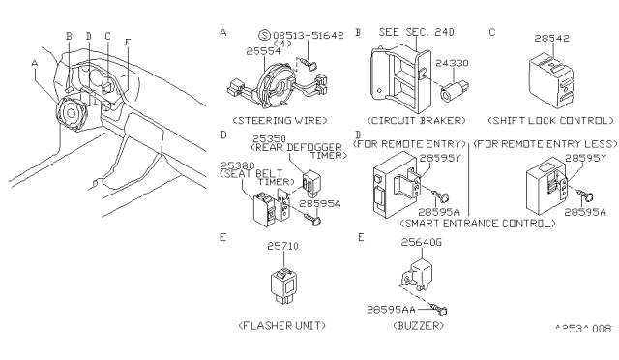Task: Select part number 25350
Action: [x=268, y=139]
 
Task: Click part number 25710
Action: [x=282, y=247]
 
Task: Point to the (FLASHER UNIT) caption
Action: [x=282, y=326]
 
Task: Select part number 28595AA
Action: [x=398, y=306]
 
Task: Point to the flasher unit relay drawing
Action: [x=282, y=282]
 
